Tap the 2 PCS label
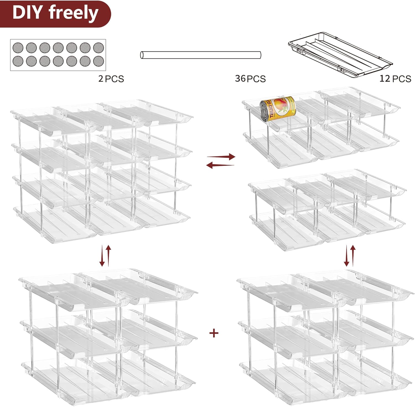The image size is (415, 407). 111,79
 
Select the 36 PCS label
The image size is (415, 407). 250,79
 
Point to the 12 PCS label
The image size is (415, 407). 395,79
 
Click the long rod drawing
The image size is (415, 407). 201,55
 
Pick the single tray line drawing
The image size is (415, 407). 340,55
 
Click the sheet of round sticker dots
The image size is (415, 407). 58,55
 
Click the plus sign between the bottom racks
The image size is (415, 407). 214,333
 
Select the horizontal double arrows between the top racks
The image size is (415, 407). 221,161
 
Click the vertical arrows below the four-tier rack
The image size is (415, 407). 105,255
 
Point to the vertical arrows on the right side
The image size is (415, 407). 350,255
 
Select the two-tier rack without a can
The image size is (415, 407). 326,211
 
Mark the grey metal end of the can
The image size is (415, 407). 265,110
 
